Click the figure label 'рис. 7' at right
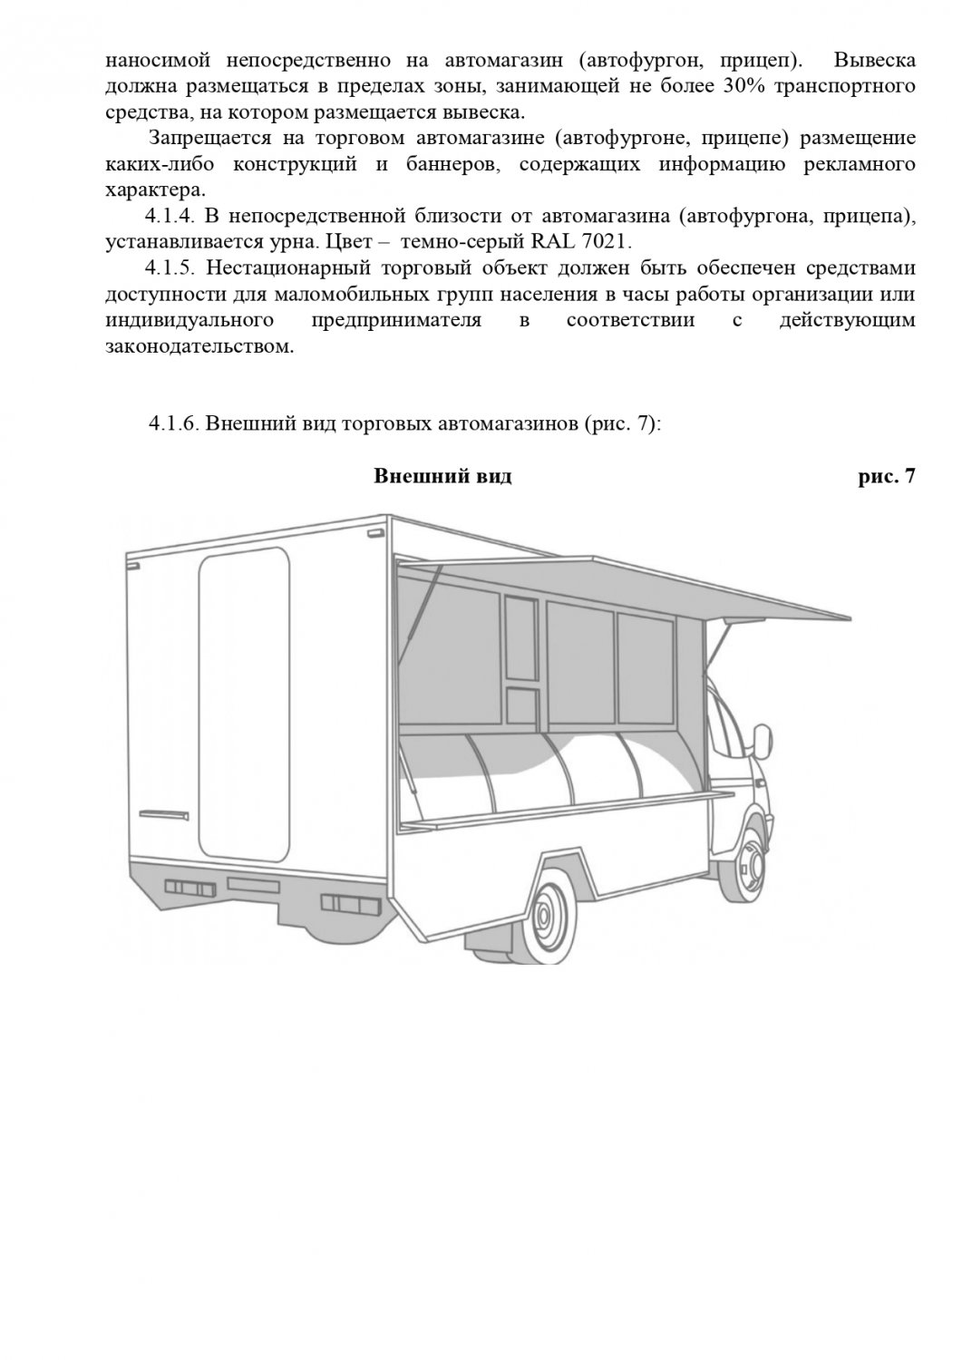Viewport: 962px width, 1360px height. (886, 477)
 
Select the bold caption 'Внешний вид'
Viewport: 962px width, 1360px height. (442, 477)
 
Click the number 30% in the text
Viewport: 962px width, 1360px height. (745, 87)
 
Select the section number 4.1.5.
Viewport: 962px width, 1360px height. (170, 269)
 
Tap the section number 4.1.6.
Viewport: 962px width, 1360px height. (174, 423)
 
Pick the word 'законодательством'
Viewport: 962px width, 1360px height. (199, 347)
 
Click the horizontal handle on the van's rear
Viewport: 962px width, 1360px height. (166, 811)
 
